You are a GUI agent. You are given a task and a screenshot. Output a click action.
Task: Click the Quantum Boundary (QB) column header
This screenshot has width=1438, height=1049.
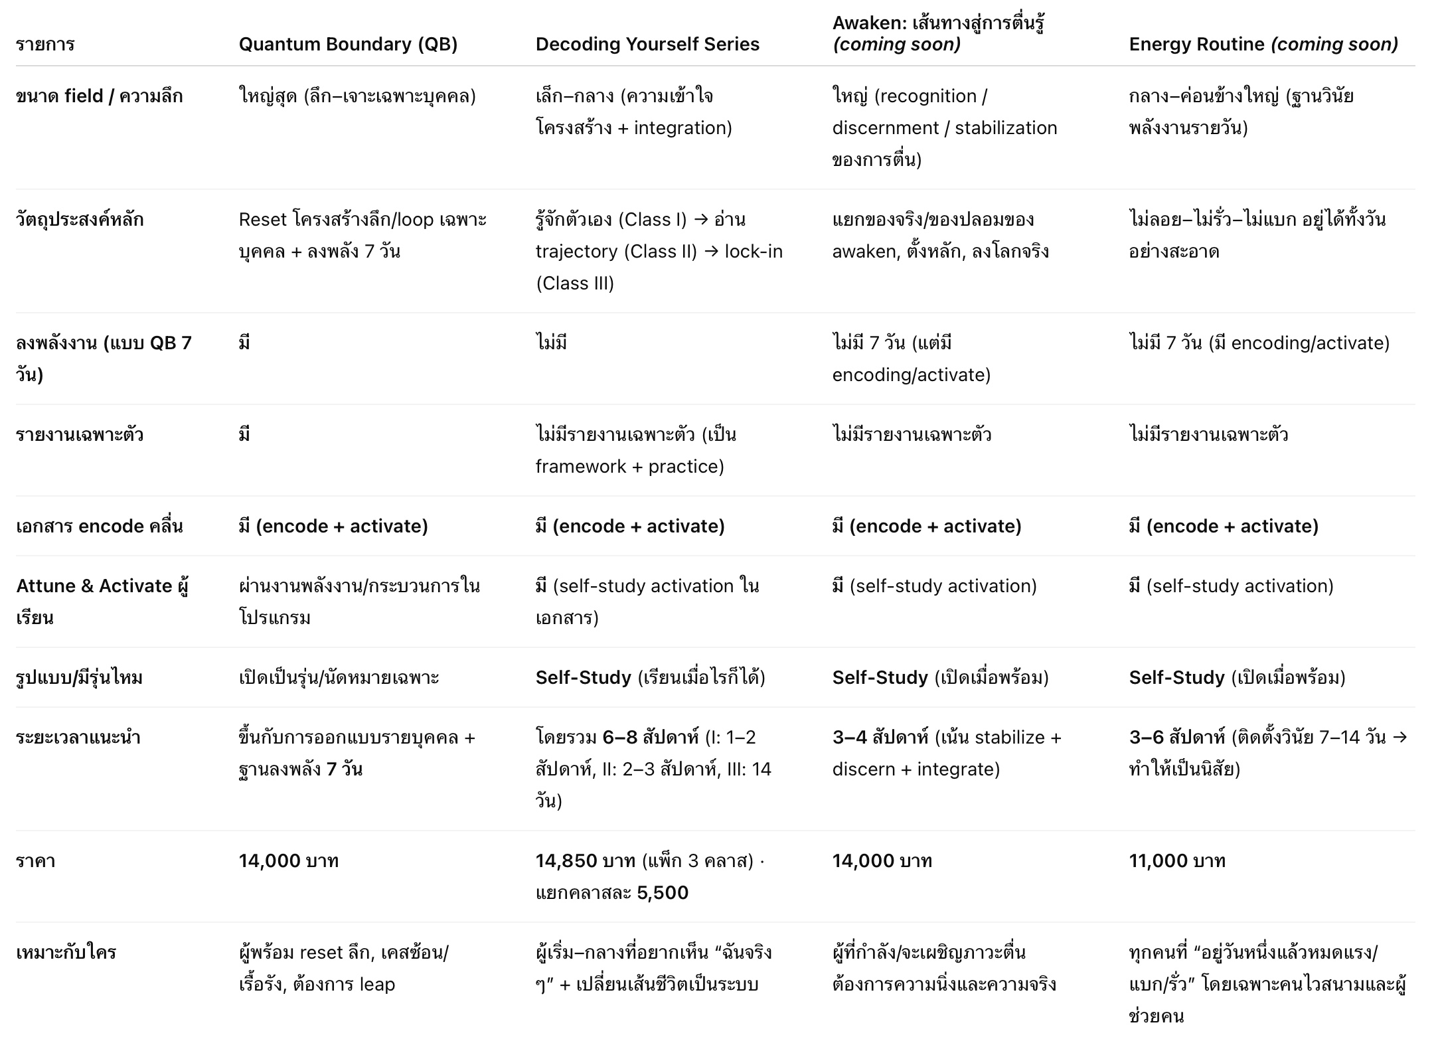pos(348,44)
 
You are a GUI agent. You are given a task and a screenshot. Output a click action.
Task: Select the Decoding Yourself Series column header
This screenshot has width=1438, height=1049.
pos(647,44)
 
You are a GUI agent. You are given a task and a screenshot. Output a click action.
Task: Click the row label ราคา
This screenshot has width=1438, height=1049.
pos(35,861)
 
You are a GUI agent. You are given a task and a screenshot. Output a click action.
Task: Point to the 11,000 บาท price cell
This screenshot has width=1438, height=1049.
pos(1176,861)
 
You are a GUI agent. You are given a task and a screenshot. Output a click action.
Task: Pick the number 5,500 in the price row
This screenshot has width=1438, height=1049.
pos(662,893)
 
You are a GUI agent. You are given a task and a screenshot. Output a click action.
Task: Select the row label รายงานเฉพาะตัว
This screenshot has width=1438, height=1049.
pos(80,435)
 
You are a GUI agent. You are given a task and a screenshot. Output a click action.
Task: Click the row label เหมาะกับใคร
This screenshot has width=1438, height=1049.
pos(66,953)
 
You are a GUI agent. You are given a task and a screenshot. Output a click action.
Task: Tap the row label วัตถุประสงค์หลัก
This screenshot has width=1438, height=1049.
pos(80,220)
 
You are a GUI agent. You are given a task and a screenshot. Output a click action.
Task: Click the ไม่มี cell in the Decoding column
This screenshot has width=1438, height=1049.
pos(551,343)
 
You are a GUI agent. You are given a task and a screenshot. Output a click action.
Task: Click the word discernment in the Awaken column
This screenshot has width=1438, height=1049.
pos(886,128)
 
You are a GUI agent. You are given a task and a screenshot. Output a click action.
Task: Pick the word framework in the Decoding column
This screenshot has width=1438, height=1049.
pos(580,467)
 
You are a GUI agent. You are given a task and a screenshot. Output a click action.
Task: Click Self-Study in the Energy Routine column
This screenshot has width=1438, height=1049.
pos(1176,678)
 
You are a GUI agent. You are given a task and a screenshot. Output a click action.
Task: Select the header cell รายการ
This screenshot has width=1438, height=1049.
pos(45,44)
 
